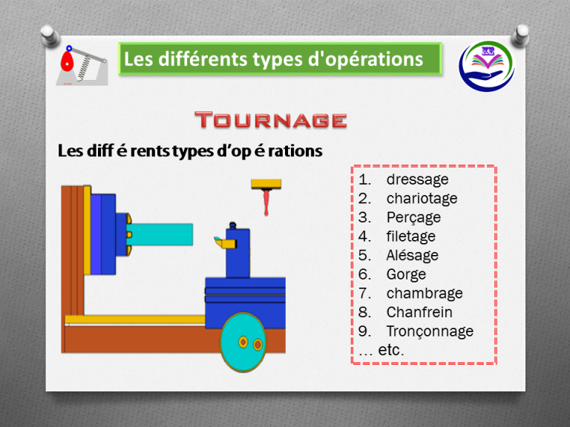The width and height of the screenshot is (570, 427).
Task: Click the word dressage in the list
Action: pyautogui.click(x=417, y=179)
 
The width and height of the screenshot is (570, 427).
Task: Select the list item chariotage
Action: pyautogui.click(x=422, y=199)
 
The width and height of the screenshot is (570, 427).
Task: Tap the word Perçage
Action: pyautogui.click(x=413, y=218)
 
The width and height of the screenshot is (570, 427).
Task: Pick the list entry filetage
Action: pyautogui.click(x=410, y=236)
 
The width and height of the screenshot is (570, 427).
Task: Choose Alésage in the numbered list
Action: pyautogui.click(x=412, y=256)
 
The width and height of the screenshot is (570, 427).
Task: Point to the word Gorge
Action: pyautogui.click(x=406, y=274)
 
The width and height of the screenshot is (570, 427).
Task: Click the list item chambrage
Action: pyautogui.click(x=424, y=294)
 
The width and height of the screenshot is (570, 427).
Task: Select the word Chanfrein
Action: pyautogui.click(x=419, y=313)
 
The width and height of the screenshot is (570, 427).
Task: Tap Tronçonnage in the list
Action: pyautogui.click(x=429, y=331)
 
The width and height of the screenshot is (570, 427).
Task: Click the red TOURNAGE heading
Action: pyautogui.click(x=271, y=120)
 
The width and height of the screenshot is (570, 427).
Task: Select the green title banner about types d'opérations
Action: pyautogui.click(x=280, y=59)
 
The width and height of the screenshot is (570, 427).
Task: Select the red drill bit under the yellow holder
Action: pyautogui.click(x=266, y=202)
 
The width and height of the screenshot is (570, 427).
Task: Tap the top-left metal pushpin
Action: pyautogui.click(x=50, y=34)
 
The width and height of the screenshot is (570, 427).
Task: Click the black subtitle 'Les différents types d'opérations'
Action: pyautogui.click(x=190, y=151)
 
